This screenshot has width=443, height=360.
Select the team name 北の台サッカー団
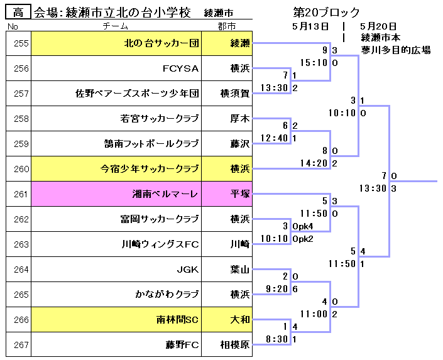[x=161, y=44]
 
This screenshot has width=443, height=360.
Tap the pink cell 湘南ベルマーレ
[x=165, y=195]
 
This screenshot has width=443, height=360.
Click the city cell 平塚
[x=240, y=195]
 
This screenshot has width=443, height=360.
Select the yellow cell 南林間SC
[x=177, y=320]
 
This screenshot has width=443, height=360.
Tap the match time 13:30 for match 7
[x=372, y=188]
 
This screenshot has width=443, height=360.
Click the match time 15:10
[x=314, y=63]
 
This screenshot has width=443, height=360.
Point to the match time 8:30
[x=276, y=339]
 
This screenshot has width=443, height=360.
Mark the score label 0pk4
[x=303, y=226]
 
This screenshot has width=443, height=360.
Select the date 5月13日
[x=310, y=26]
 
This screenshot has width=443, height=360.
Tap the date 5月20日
[x=378, y=26]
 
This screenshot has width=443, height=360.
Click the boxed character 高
[x=19, y=12]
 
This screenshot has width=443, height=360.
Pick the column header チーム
[x=115, y=26]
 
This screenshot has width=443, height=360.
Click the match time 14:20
[x=314, y=163]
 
